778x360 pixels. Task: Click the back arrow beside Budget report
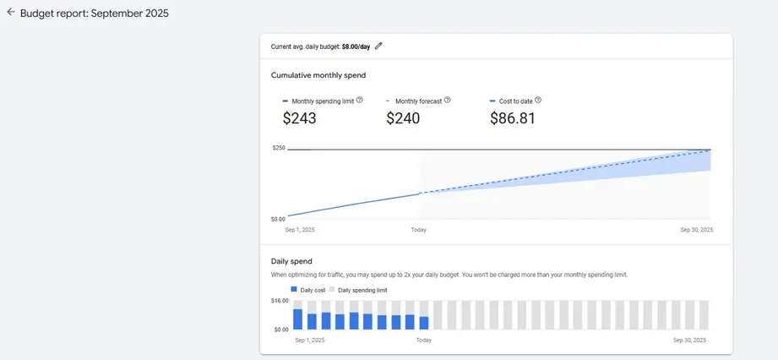click(10, 13)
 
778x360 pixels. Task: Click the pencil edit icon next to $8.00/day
click(378, 46)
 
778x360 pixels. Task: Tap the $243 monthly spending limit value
click(299, 118)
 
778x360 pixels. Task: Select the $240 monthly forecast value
click(403, 118)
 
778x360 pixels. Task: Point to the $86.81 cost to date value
click(512, 118)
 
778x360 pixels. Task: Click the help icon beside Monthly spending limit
click(360, 100)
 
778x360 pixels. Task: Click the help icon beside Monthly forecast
click(447, 100)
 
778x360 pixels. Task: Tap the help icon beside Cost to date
click(538, 100)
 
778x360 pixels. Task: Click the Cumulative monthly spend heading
click(318, 75)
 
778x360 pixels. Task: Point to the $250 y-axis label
click(278, 148)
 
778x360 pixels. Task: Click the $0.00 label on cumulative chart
click(279, 218)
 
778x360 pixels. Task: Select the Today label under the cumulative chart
click(418, 230)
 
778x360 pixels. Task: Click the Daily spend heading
click(291, 261)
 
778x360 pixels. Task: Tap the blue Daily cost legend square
click(294, 289)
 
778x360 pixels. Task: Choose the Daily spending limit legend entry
click(358, 290)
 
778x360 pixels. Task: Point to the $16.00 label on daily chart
click(280, 301)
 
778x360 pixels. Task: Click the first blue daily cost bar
click(297, 319)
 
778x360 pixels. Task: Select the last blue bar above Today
click(424, 323)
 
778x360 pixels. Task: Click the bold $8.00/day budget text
click(356, 46)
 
